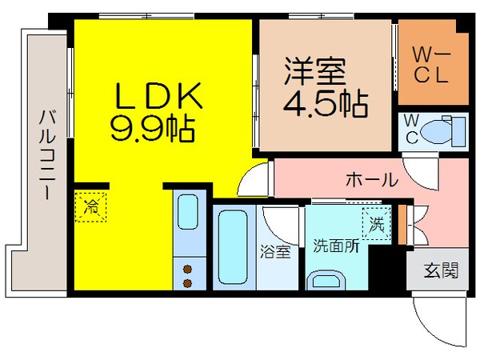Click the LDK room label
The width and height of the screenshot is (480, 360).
(158, 99)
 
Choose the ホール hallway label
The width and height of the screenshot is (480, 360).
(370, 180)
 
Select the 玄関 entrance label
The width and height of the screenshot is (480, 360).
(441, 270)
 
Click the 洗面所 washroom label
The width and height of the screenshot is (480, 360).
(335, 246)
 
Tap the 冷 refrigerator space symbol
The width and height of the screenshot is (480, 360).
(92, 206)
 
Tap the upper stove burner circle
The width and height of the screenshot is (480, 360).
(189, 270)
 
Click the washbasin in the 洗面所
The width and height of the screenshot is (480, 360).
(328, 280)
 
